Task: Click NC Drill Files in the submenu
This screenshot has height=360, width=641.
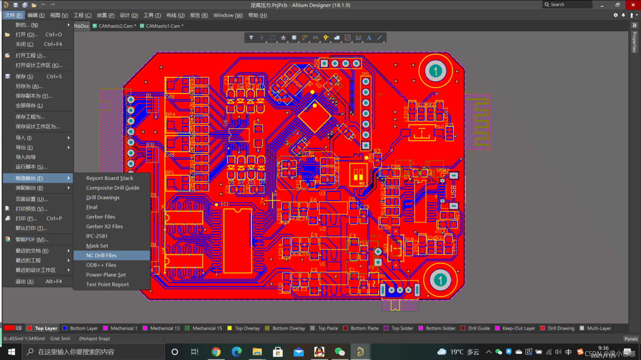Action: coord(101,255)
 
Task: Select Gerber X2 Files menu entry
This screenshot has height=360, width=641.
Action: coord(104,226)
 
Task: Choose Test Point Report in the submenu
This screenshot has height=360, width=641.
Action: coord(107,284)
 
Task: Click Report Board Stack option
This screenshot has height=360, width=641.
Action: coord(110,178)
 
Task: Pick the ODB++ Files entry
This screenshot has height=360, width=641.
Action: coord(101,265)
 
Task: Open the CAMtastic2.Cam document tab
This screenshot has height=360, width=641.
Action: coord(116,26)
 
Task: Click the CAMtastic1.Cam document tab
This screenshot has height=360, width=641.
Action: coord(163,26)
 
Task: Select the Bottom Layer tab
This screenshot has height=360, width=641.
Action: coord(83,328)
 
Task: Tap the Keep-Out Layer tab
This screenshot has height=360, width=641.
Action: coord(518,328)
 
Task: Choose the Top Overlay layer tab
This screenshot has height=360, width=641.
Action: coord(247,328)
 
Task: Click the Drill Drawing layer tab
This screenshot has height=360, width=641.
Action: coord(560,328)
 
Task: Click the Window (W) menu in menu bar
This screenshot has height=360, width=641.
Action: coord(228,15)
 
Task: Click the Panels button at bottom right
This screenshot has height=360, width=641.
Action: coord(631,339)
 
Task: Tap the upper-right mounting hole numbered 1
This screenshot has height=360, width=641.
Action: coord(435,71)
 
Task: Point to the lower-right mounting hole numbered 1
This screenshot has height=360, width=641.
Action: coord(440,280)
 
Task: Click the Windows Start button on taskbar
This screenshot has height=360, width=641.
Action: coord(11,352)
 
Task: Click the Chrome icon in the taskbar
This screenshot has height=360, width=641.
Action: coord(216,352)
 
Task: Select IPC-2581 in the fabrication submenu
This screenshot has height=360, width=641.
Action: coord(97,236)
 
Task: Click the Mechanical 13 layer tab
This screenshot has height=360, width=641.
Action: coord(164,328)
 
